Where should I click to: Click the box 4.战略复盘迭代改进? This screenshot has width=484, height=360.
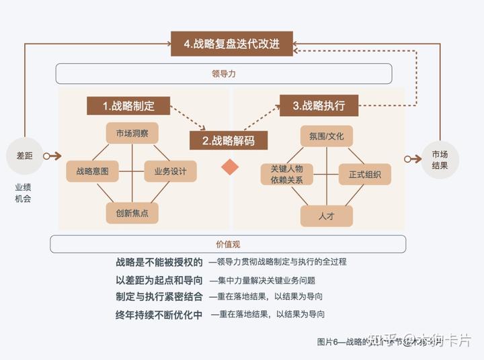(231, 44)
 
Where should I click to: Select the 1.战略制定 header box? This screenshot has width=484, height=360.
(128, 106)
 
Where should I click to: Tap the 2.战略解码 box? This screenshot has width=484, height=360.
(229, 140)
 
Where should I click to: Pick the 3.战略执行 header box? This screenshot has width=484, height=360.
(319, 105)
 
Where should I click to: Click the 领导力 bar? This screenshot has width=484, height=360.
(223, 74)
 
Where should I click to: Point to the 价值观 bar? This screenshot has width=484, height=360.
(228, 244)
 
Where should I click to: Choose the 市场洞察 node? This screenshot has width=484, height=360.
(132, 132)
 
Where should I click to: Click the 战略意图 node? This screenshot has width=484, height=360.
(93, 171)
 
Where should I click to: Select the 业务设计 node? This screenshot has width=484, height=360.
(170, 171)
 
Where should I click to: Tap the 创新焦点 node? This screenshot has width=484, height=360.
(132, 213)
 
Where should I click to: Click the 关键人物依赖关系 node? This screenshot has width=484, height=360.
(287, 175)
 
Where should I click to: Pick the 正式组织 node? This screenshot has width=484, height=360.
(365, 175)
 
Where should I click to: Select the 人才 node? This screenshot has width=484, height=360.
(326, 215)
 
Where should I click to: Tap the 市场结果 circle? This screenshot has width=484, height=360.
(440, 159)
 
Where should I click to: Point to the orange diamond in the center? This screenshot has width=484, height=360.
(230, 166)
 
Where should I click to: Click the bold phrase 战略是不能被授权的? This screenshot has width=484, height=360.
(159, 262)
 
